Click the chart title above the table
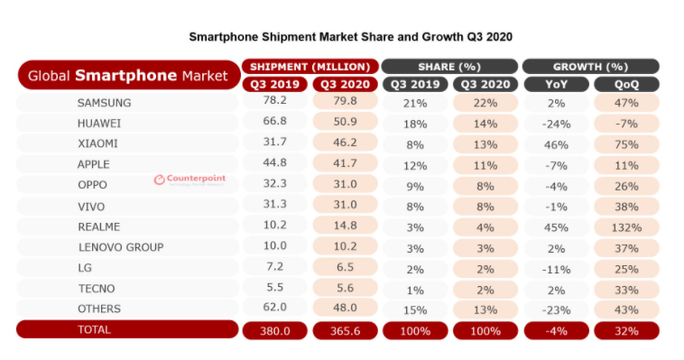350,37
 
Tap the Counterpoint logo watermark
189,180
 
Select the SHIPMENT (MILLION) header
310,67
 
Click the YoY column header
556,84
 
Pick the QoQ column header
626,84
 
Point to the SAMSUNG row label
105,103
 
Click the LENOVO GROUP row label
121,247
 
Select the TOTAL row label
94,329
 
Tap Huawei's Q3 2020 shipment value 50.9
345,121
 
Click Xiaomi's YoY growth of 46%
556,145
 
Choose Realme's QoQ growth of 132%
626,227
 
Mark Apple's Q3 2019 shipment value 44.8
275,162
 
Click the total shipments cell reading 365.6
345,331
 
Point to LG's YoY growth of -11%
556,270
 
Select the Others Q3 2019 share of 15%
415,310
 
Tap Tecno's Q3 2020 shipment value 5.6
345,288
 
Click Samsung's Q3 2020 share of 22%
485,104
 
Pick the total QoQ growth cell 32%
626,331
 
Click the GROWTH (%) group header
591,67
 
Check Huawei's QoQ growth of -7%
626,124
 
